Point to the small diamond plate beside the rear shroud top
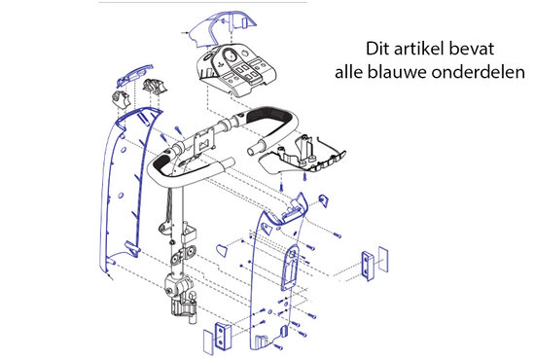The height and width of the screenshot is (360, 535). [325, 200]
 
